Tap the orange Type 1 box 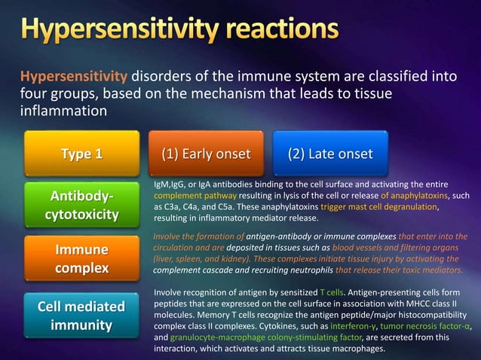(82, 154)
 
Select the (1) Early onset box (206, 154)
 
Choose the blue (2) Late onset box (330, 154)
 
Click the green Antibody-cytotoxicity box (82, 205)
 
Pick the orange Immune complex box (82, 258)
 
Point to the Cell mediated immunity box (82, 316)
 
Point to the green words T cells (332, 292)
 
